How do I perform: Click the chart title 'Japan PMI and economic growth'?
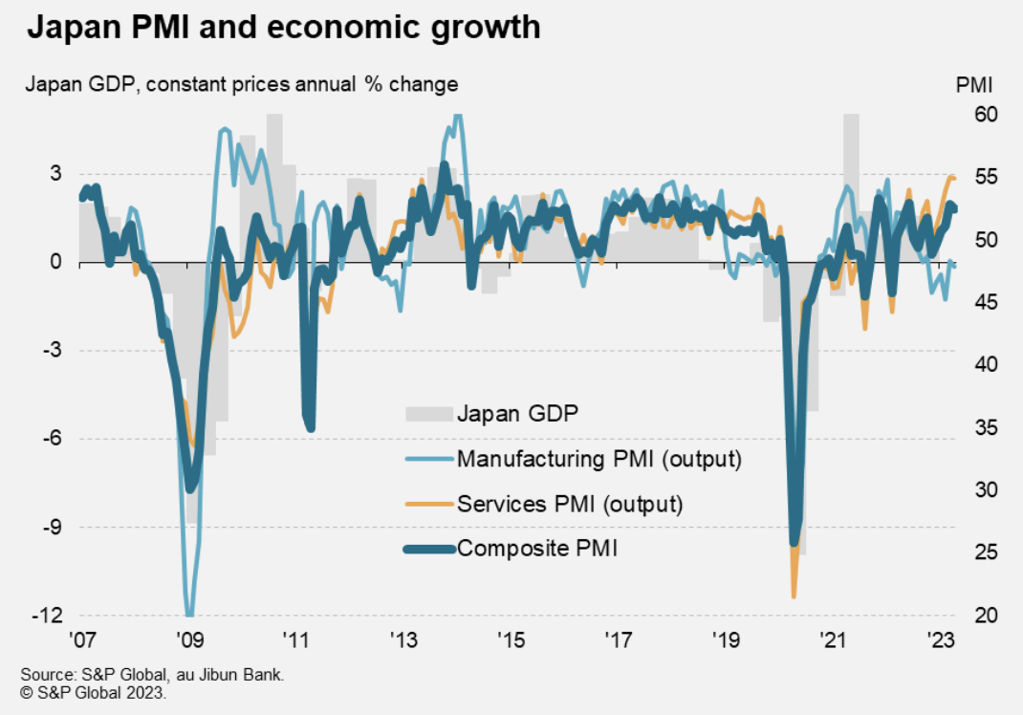coord(283,28)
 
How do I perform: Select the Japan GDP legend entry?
coord(517,414)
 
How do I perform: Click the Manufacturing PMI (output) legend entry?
coord(599,459)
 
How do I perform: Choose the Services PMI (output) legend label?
coord(570,504)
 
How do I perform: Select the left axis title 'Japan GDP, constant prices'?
coord(241,84)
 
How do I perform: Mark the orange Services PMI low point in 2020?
coord(794,596)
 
